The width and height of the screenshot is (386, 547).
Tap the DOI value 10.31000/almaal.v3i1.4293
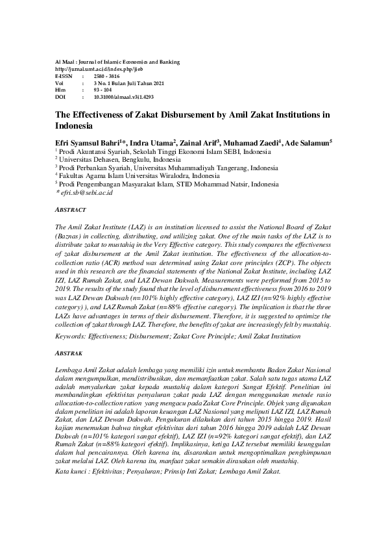(123, 96)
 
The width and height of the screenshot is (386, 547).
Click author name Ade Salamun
(308, 143)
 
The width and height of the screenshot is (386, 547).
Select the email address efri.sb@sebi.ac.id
(87, 193)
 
